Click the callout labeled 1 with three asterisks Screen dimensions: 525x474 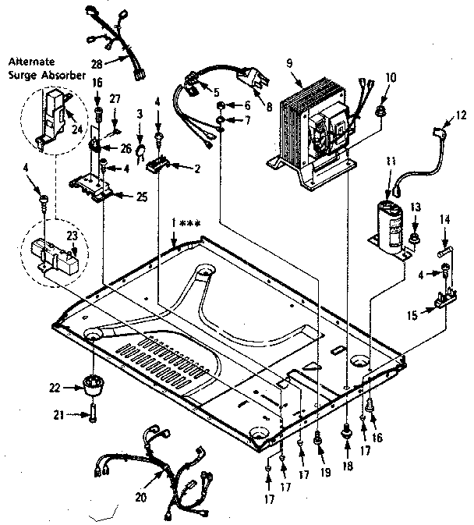click(x=185, y=225)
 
